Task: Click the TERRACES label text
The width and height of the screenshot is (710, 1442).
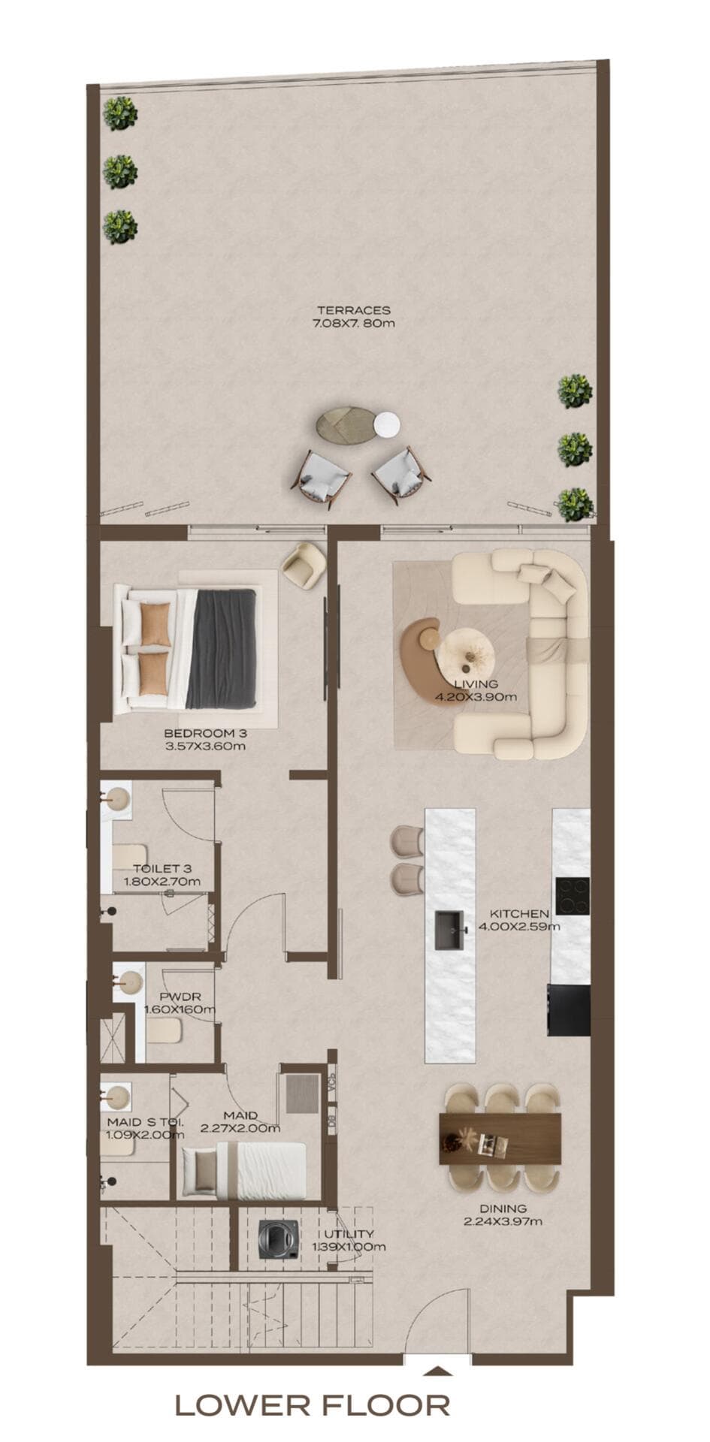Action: click(353, 310)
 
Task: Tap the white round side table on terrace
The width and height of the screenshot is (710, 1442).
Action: click(388, 424)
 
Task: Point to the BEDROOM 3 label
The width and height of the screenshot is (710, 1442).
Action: click(205, 734)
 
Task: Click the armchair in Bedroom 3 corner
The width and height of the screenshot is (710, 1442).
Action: click(304, 564)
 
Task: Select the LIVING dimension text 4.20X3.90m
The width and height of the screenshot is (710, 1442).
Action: click(476, 696)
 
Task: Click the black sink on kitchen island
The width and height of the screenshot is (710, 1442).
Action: click(450, 929)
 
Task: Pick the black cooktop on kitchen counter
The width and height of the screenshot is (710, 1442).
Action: click(573, 896)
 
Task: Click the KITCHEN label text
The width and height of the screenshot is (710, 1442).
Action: click(519, 913)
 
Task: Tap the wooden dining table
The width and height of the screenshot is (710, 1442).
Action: click(500, 1139)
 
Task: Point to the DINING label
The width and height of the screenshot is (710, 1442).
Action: click(503, 1208)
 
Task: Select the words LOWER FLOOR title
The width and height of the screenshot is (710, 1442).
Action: click(313, 1404)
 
